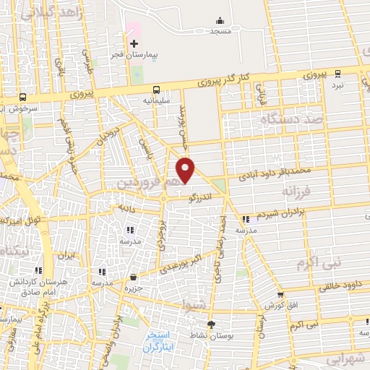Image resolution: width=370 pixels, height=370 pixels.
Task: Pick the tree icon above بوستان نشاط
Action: (211, 324)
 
